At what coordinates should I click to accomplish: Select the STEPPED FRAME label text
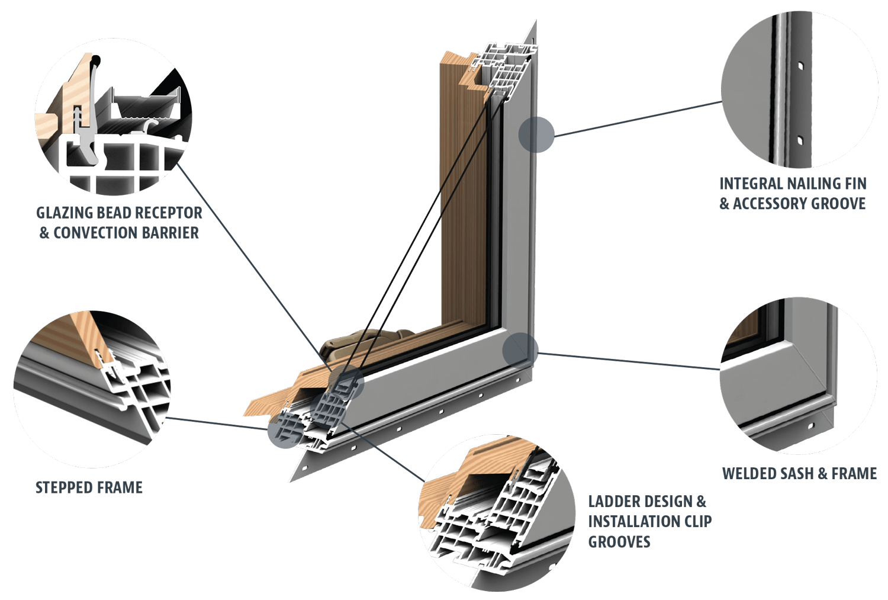pyautogui.click(x=89, y=487)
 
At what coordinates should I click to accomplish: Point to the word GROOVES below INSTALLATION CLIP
pyautogui.click(x=619, y=541)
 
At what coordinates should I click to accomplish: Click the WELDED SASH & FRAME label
pyautogui.click(x=799, y=474)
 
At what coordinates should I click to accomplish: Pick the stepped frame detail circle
pyautogui.click(x=92, y=389)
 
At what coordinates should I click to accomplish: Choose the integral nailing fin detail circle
pyautogui.click(x=799, y=89)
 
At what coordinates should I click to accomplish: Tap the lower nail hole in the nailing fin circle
pyautogui.click(x=799, y=140)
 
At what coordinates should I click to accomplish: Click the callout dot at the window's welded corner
pyautogui.click(x=520, y=349)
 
